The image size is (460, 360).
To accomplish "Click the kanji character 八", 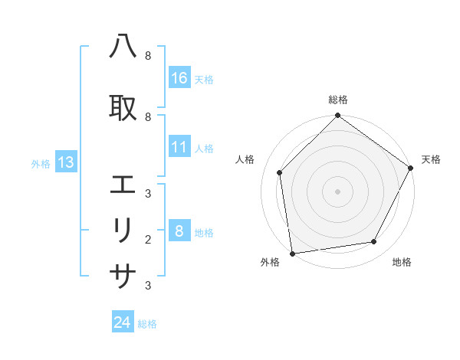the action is tap(123, 47).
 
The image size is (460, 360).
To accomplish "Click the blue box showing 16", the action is tap(179, 78).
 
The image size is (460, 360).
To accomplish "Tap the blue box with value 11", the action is tap(179, 147).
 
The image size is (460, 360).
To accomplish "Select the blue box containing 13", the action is tap(65, 162).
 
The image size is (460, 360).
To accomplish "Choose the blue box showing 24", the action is tap(123, 322).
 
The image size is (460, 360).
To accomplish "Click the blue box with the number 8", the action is tap(179, 231).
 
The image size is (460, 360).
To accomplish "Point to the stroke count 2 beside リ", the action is tap(148, 239).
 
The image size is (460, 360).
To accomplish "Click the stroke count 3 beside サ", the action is tap(148, 286).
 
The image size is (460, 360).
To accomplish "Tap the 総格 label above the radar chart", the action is tap(338, 100).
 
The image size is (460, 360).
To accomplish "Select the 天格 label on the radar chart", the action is tap(431, 159).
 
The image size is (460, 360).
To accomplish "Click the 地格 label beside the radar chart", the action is tap(402, 262).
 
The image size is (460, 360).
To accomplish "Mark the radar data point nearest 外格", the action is tap(292, 253).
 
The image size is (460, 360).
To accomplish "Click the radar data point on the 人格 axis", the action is tap(280, 172).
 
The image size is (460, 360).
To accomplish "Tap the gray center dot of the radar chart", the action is tap(337, 191).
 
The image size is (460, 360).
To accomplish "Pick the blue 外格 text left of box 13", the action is tap(41, 163).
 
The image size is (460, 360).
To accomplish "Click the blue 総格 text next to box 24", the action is tap(147, 324).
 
